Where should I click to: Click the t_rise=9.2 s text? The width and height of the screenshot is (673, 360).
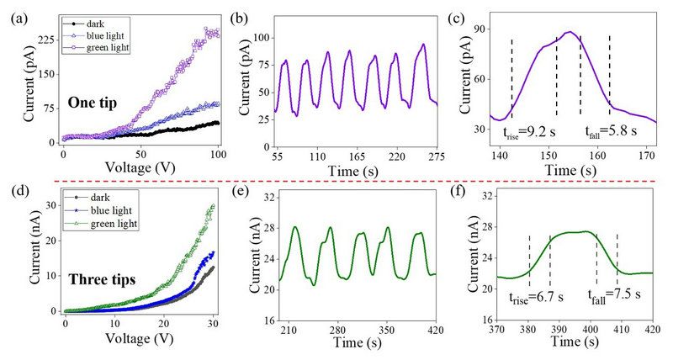tap(530, 131)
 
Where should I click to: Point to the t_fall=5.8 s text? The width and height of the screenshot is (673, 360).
tap(612, 131)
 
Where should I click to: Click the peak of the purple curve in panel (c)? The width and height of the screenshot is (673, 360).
tap(570, 32)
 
